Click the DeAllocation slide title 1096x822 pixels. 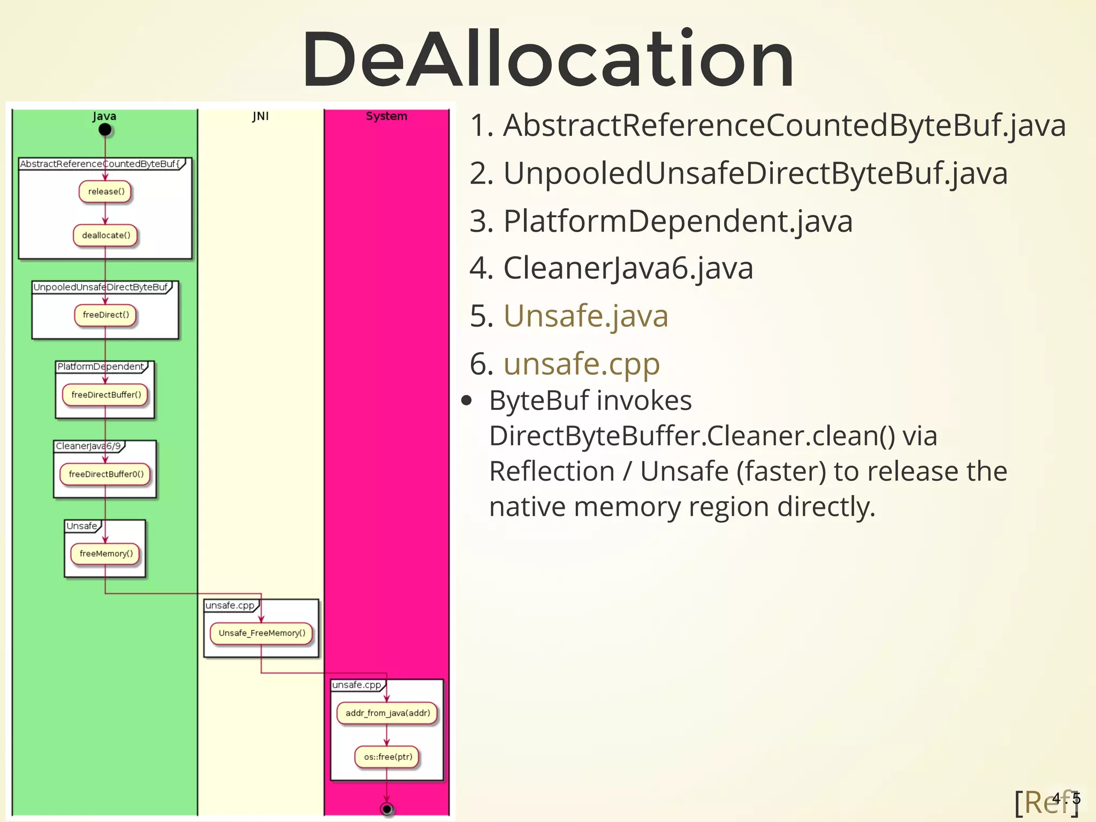547,59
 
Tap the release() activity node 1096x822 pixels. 105,192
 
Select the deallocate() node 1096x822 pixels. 105,235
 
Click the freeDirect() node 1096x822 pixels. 105,315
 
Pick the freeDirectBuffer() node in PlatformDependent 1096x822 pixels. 105,395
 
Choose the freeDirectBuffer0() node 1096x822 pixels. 105,474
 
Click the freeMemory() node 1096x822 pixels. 105,554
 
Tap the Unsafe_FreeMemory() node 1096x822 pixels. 261,633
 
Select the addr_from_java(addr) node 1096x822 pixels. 387,713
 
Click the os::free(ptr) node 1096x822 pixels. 387,757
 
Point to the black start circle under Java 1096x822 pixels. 105,130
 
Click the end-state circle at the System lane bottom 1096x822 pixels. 387,809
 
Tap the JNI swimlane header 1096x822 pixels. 261,116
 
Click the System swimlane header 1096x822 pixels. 386,116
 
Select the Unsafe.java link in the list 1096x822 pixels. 585,316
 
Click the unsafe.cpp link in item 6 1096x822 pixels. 581,364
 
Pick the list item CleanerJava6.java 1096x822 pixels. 628,268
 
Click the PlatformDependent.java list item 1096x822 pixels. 678,221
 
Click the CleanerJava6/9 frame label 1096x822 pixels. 88,446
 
